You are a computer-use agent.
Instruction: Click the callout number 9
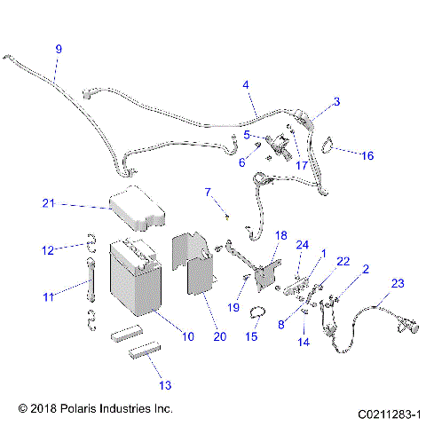coord(59,49)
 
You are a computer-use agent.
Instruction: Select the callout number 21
coord(49,203)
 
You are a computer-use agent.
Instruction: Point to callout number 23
coord(397,283)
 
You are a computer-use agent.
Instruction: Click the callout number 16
coord(367,155)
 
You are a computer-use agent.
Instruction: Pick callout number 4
coord(245,85)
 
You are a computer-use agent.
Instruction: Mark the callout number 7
coord(208,192)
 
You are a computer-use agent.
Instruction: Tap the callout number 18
coord(281,235)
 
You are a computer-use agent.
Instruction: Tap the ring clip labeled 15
coord(257,312)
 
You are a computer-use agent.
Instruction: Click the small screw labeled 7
coord(227,213)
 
